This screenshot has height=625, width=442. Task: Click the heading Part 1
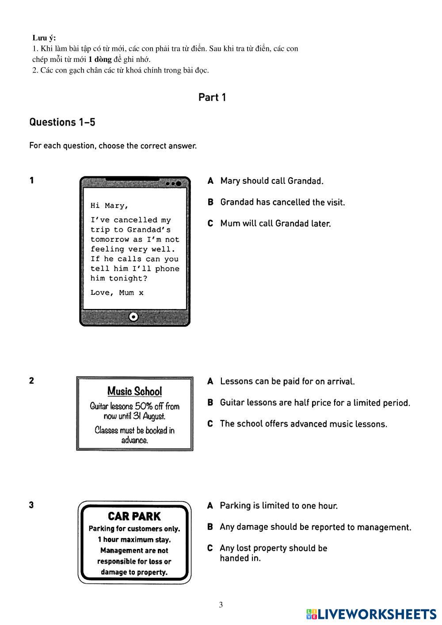coord(212,97)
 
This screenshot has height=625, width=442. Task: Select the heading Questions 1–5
coord(62,122)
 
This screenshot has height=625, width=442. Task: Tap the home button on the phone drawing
coord(134,316)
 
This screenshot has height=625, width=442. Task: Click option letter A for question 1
coord(211,181)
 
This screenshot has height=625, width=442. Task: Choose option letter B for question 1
coord(211,202)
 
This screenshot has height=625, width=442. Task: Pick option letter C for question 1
coord(211,223)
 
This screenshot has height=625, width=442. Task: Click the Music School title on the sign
coord(135,391)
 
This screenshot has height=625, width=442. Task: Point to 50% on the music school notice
coord(144,406)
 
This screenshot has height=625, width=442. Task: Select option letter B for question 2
coord(210,403)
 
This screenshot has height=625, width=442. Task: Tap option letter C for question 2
coord(210,424)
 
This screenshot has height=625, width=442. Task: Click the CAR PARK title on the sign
coord(134,516)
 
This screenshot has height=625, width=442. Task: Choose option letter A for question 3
coord(210,506)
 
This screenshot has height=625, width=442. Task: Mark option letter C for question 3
coord(210,548)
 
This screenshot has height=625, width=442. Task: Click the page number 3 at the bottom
coord(221,605)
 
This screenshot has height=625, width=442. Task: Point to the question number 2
coord(31,381)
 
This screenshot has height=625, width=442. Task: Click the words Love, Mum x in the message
coord(117,293)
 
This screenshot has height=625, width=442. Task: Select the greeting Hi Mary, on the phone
coord(110,206)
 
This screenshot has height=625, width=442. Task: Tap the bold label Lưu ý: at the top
coord(44,38)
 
